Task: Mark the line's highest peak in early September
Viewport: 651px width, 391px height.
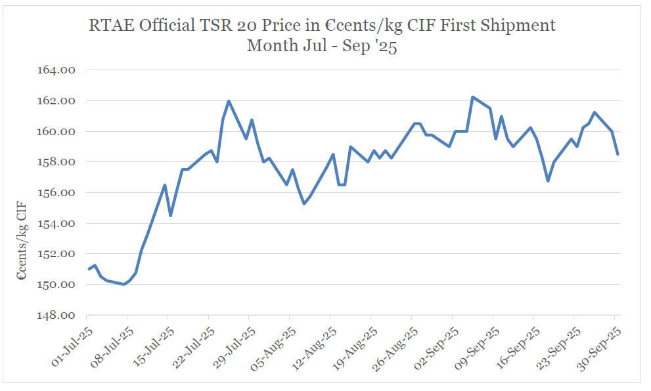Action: click(473, 97)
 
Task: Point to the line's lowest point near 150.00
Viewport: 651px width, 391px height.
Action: click(124, 284)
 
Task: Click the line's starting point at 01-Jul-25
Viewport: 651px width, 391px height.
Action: click(89, 269)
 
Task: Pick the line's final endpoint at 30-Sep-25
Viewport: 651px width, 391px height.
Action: click(617, 154)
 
